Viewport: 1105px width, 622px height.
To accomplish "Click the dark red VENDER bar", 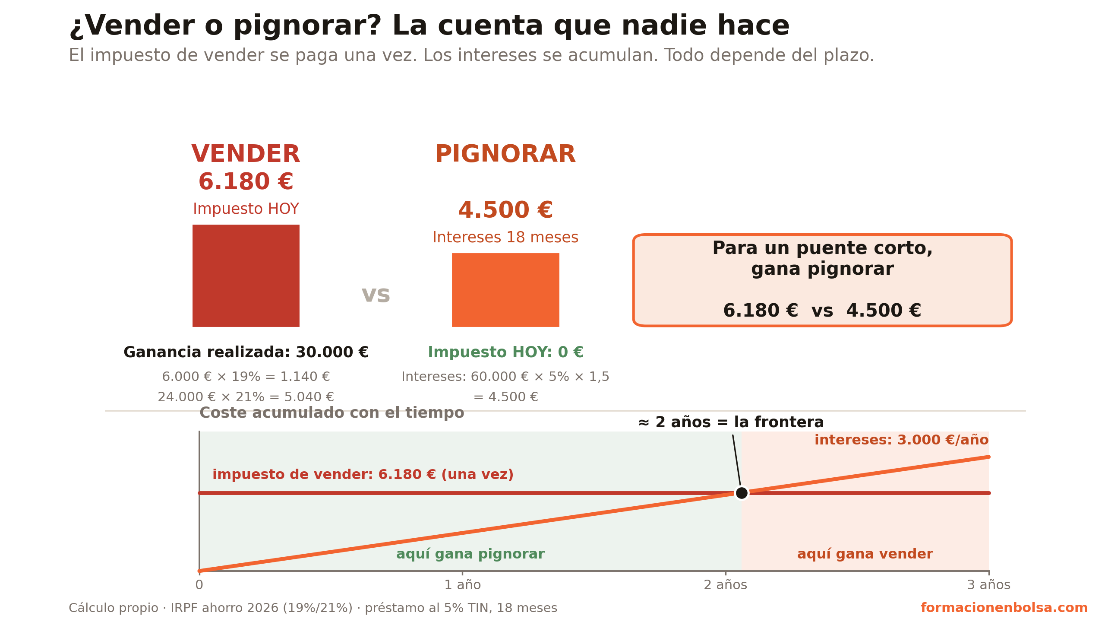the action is (246, 276).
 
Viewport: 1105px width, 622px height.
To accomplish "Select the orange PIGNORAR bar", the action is (505, 290).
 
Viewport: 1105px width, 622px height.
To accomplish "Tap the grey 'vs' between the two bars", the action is (376, 295).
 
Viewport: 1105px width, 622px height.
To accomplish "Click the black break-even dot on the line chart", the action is (742, 493).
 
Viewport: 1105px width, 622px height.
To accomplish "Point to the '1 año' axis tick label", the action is (462, 585).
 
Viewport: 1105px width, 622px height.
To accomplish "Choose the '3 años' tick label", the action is (988, 585).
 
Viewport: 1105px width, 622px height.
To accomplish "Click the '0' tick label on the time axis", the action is (199, 585).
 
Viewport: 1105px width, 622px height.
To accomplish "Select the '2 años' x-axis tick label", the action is (725, 585).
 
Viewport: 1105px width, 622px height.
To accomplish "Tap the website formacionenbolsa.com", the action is (1004, 608).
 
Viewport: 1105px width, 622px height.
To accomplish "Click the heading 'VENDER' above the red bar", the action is (246, 154).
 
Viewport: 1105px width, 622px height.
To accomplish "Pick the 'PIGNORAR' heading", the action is (505, 154).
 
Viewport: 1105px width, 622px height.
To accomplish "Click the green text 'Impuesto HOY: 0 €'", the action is (505, 352).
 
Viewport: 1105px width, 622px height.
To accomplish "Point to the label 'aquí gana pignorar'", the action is (470, 554).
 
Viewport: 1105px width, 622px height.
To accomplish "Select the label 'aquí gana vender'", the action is (865, 554).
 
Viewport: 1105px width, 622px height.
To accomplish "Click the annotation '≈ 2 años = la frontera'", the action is (731, 422).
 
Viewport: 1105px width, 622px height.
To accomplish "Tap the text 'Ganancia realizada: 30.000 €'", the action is (246, 352).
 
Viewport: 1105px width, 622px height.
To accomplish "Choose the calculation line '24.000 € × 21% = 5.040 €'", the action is (246, 397).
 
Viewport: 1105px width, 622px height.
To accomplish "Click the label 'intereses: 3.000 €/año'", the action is (901, 440).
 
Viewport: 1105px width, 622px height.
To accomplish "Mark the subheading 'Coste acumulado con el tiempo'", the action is (332, 413).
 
